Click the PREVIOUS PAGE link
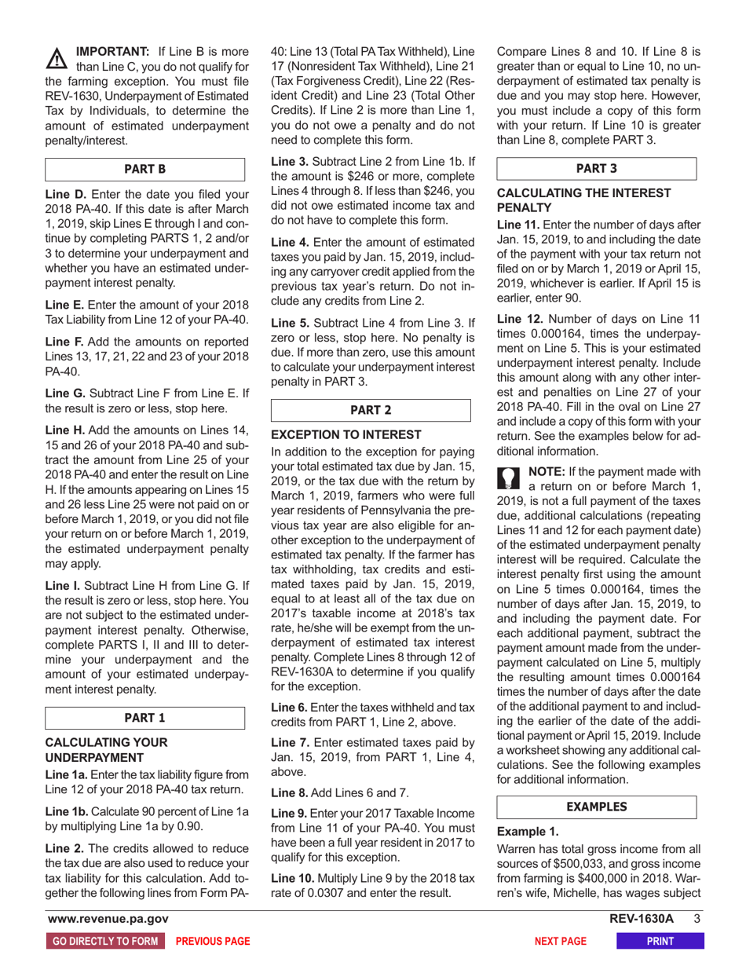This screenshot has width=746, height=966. tap(212, 940)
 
